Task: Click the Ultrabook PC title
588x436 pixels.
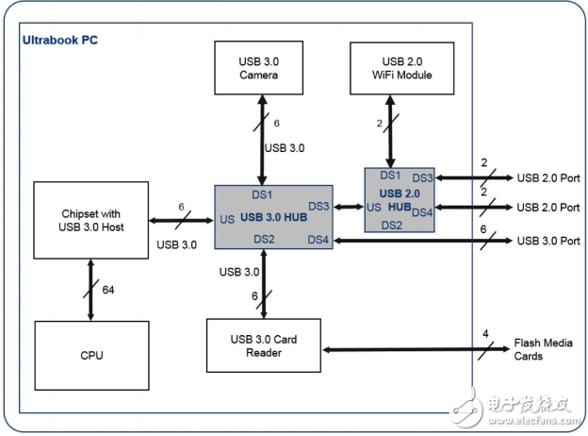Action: coord(59,40)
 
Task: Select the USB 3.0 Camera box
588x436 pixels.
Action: coord(257,68)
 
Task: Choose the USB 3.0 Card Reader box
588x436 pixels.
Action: coord(264,346)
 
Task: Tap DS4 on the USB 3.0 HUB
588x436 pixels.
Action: coord(318,240)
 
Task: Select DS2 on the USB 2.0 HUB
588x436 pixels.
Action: coord(391,225)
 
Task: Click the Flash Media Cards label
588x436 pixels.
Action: coord(543,349)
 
